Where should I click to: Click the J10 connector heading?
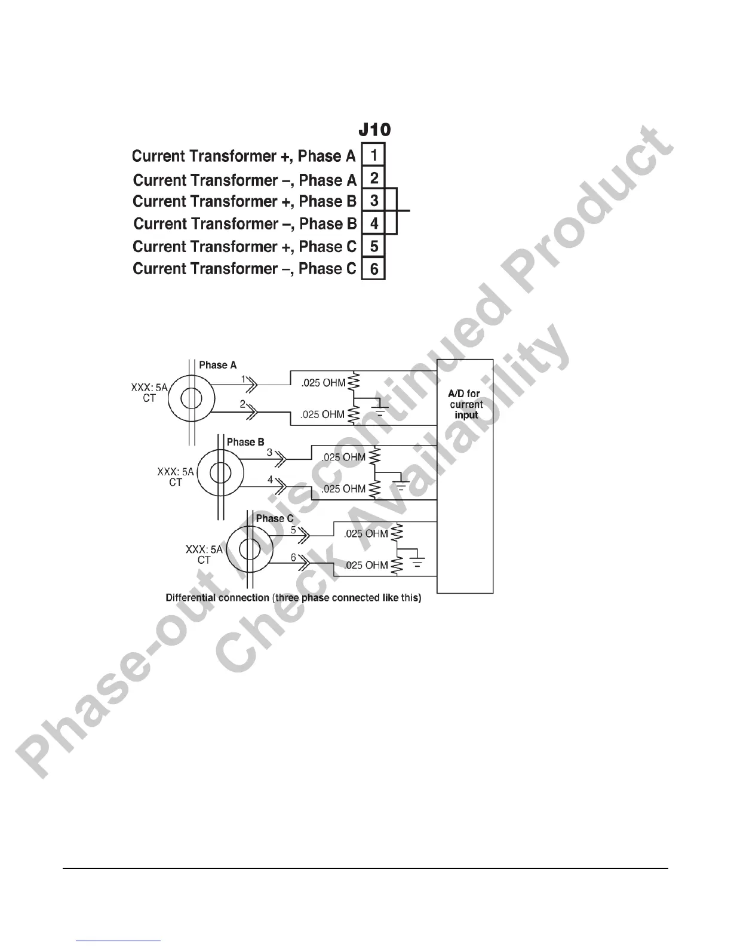coord(374,129)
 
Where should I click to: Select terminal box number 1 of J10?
coord(374,155)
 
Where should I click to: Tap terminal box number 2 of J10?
coord(374,178)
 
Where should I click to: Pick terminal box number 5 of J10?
coord(374,245)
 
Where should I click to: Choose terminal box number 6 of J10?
coord(374,269)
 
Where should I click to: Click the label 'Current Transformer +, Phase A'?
coord(244,156)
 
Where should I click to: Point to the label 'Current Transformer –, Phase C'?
coord(244,269)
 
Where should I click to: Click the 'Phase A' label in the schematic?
coord(217,365)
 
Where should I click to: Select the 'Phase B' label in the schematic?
coord(245,442)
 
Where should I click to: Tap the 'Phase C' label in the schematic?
coord(274,518)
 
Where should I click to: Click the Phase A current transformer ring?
coord(191,398)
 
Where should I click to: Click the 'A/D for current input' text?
coord(465,404)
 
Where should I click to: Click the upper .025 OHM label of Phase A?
coord(323,383)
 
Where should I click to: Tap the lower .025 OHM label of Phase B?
coord(343,489)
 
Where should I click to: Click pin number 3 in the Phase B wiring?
coord(269,453)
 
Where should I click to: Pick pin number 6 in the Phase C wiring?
coord(293,557)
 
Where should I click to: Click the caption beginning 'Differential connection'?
coord(293,598)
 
